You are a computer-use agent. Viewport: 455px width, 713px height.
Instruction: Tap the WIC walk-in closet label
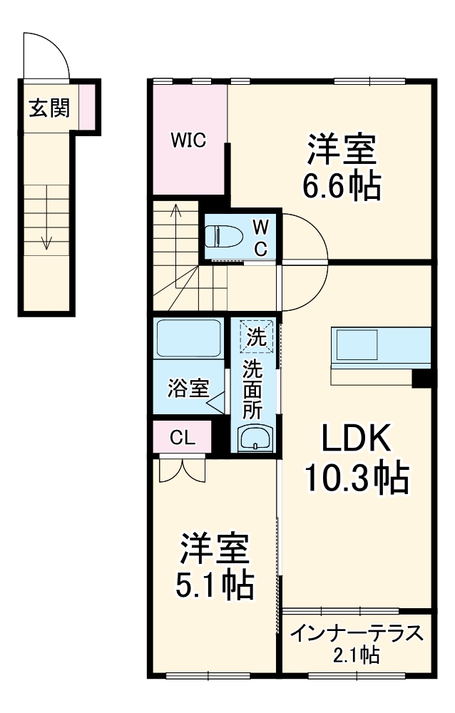click(188, 140)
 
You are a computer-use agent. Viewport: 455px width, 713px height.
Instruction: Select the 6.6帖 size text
click(340, 187)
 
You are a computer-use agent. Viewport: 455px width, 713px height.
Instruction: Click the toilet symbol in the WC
click(223, 236)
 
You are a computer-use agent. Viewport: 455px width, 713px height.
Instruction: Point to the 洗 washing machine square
click(255, 336)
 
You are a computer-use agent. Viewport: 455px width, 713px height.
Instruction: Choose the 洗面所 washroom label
click(253, 389)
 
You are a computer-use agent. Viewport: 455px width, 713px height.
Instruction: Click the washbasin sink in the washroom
click(255, 437)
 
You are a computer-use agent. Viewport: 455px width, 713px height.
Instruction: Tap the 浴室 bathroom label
click(188, 389)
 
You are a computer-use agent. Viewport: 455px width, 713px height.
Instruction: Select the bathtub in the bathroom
click(188, 339)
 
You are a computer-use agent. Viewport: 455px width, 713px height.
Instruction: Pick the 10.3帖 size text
click(356, 478)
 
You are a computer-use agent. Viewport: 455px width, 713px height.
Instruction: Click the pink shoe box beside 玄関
click(86, 104)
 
